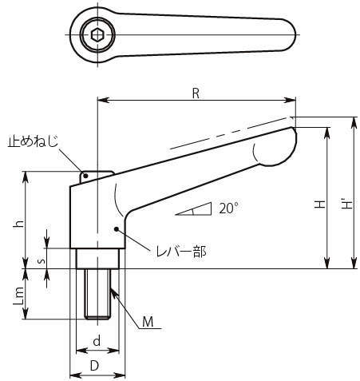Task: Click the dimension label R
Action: [x=196, y=93]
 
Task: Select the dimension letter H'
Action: [x=346, y=204]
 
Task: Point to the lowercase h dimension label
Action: [x=19, y=224]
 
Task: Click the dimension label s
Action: [x=41, y=261]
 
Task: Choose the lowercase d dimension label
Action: [x=97, y=341]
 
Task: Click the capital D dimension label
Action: [x=94, y=366]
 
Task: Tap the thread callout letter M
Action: [x=148, y=322]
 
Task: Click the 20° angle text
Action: [x=228, y=208]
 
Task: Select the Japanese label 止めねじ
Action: [x=33, y=141]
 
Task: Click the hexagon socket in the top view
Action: [x=97, y=35]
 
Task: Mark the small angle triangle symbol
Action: [x=194, y=209]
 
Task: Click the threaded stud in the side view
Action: [x=97, y=294]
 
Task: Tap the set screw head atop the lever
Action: [x=97, y=177]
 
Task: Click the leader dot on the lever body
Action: [x=116, y=228]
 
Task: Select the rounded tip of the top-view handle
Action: [x=290, y=34]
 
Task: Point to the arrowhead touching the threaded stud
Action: [x=113, y=292]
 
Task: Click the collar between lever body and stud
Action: [x=97, y=259]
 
